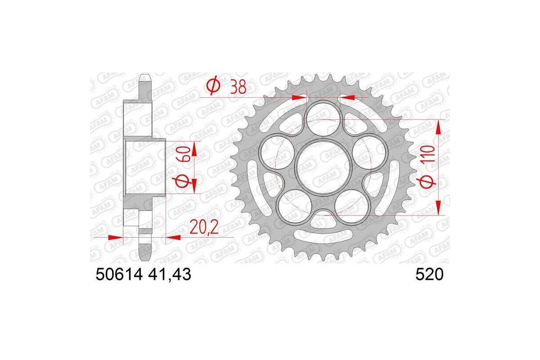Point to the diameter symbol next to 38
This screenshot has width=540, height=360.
(x=213, y=85)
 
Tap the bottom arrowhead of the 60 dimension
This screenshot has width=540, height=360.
(x=194, y=187)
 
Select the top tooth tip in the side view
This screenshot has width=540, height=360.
(x=145, y=76)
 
